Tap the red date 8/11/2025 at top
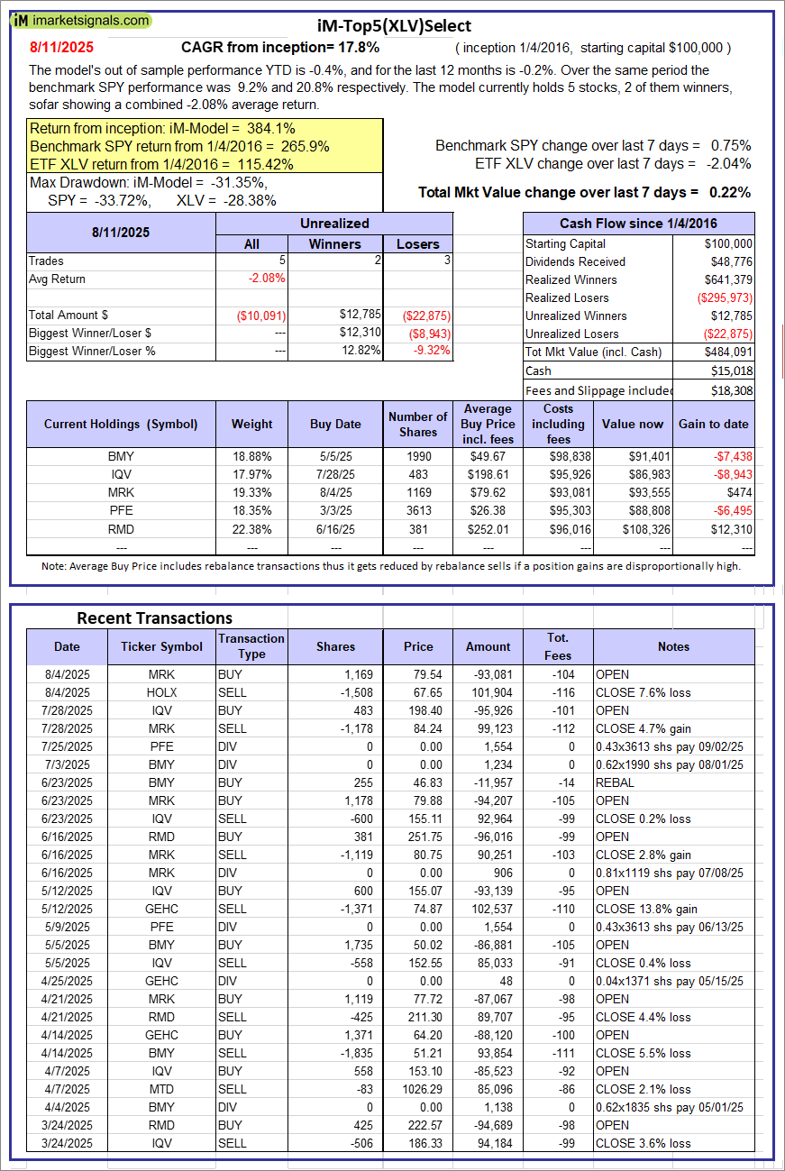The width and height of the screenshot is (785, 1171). (x=61, y=47)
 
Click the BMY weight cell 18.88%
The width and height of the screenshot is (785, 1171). (x=251, y=457)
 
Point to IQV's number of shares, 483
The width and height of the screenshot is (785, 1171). (x=417, y=475)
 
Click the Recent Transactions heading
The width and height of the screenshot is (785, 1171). (x=154, y=618)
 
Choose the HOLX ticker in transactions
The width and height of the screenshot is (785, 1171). (x=162, y=692)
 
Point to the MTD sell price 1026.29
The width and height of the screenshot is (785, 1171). (x=417, y=1089)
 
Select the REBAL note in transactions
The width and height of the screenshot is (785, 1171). (x=615, y=782)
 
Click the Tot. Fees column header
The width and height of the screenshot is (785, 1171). (x=558, y=646)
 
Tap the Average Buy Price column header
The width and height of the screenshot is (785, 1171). (x=488, y=424)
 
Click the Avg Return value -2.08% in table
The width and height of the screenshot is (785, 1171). (x=267, y=279)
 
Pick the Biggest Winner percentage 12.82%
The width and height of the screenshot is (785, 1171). (x=361, y=351)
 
